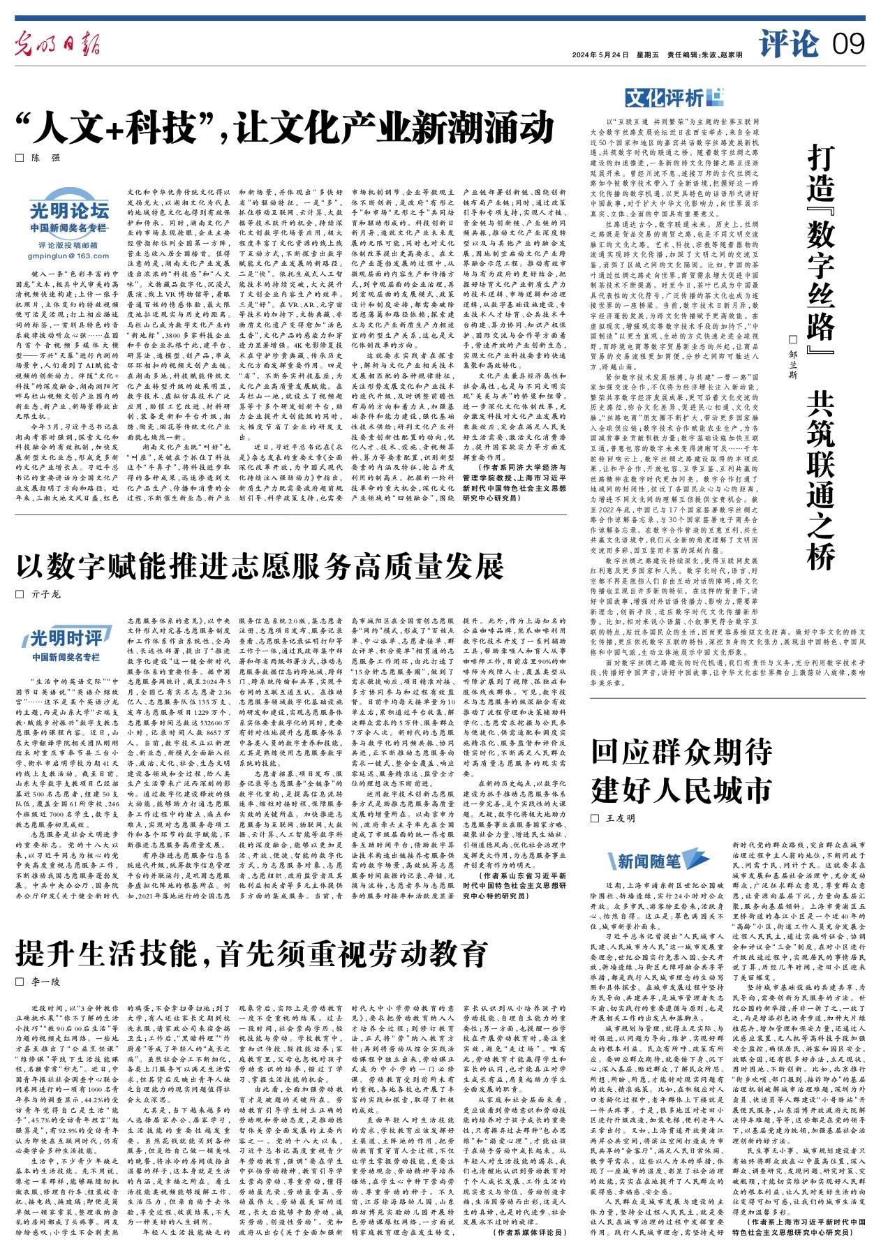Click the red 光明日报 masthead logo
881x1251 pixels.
pos(62,47)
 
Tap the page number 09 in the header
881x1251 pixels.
pos(848,45)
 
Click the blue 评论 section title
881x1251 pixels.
pos(790,44)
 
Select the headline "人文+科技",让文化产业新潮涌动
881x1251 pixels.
pos(286,128)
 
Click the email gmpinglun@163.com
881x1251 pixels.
pos(68,256)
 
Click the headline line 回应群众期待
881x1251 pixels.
pos(681,752)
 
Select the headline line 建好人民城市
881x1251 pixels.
pos(681,790)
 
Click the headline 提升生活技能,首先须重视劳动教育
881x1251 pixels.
pos(251,954)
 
